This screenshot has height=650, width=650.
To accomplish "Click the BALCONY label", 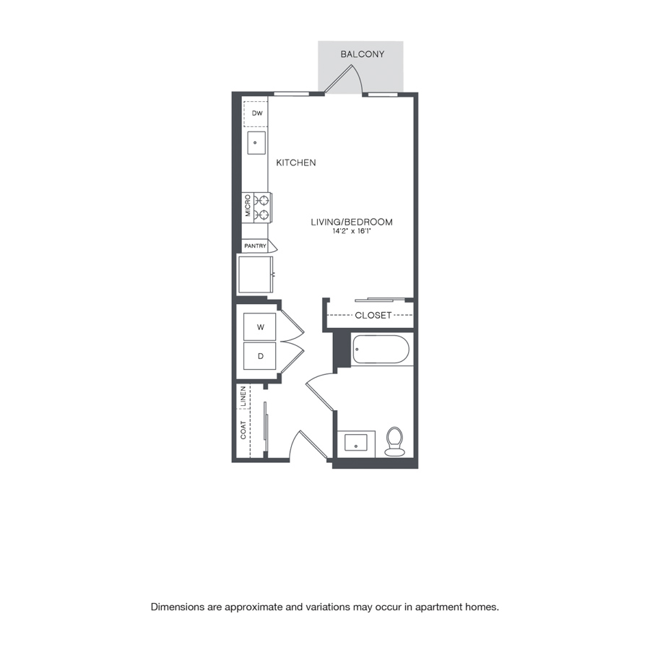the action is (x=363, y=54).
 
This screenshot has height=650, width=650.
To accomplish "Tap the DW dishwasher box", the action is (x=256, y=113).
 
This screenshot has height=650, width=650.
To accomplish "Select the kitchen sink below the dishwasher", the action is (x=256, y=142).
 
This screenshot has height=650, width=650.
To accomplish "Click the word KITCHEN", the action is (x=296, y=163).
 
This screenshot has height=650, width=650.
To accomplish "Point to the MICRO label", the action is (x=248, y=206).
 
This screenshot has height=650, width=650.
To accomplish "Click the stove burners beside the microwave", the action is (x=262, y=208).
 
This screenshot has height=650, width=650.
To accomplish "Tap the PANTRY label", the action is (x=255, y=246).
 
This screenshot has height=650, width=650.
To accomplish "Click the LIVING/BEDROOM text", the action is (x=352, y=222).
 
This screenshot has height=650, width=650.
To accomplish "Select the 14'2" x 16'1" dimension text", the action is (x=352, y=231).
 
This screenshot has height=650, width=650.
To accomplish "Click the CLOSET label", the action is (x=373, y=316).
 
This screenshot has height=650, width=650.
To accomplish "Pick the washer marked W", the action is (x=259, y=327).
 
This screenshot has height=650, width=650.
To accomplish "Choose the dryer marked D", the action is (x=259, y=355).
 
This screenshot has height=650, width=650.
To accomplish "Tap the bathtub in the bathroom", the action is (x=381, y=350).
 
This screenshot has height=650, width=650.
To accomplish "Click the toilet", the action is (x=394, y=441).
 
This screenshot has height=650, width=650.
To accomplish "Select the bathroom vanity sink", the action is (x=356, y=443).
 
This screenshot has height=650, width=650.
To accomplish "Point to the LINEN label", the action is (x=243, y=396).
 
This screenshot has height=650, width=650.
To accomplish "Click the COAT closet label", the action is (x=243, y=430).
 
